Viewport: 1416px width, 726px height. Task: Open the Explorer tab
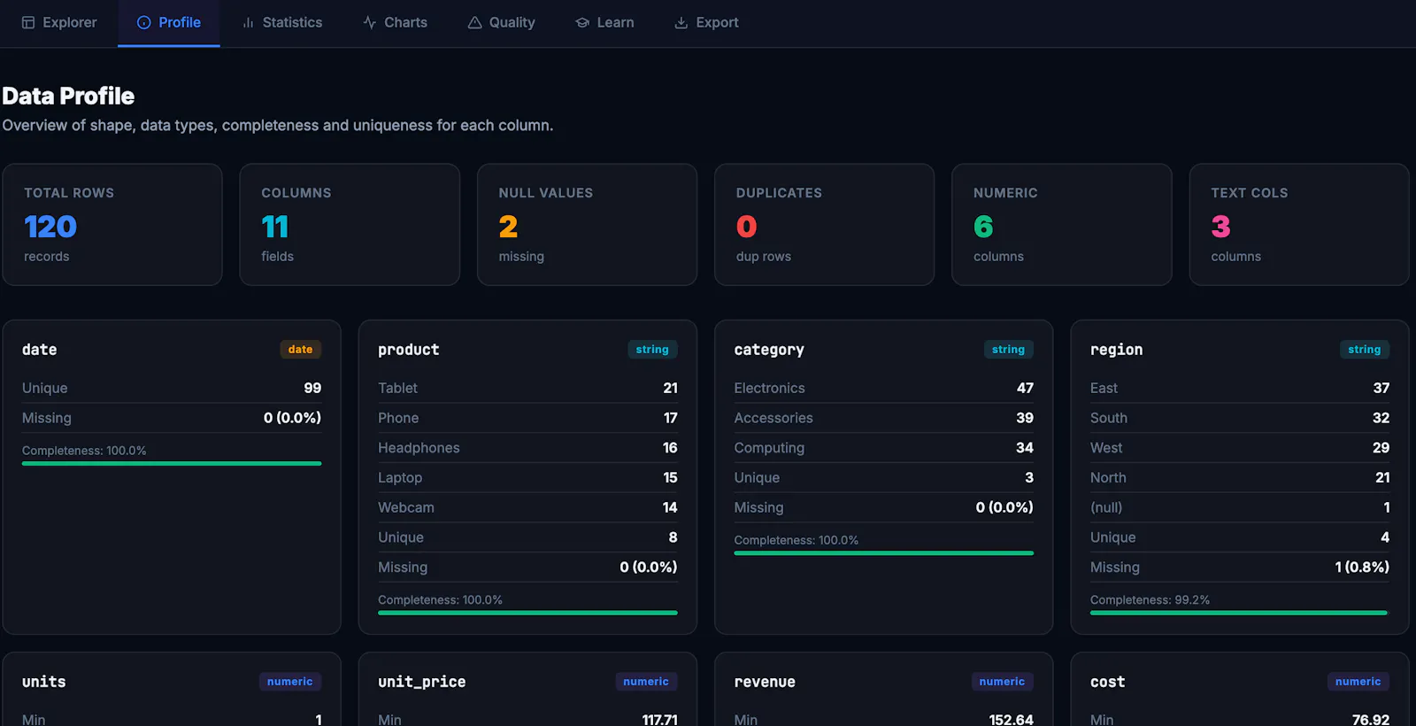[59, 23]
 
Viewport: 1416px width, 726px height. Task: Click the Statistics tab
[282, 23]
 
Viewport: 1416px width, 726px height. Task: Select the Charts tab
[395, 23]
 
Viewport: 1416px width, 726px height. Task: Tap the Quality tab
[501, 23]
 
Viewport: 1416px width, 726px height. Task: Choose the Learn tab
[604, 23]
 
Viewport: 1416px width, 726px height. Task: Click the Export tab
[706, 23]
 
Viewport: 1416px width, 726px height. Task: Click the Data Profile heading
[68, 97]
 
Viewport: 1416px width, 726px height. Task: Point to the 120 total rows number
[50, 227]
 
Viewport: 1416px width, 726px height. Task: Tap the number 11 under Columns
[275, 227]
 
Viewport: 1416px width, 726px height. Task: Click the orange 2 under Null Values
[508, 227]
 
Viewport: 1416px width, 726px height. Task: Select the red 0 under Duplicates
[747, 227]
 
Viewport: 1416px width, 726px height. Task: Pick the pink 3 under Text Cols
[1220, 227]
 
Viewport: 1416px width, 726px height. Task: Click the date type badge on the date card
[300, 349]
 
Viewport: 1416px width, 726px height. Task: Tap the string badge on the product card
[652, 349]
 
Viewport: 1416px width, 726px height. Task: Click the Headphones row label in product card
[419, 448]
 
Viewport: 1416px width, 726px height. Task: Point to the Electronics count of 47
[1025, 388]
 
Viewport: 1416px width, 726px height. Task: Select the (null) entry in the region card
[1106, 507]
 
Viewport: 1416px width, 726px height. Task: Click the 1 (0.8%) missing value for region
[1362, 568]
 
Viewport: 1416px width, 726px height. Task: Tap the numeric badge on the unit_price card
[646, 681]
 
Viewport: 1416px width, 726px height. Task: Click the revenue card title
[765, 682]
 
